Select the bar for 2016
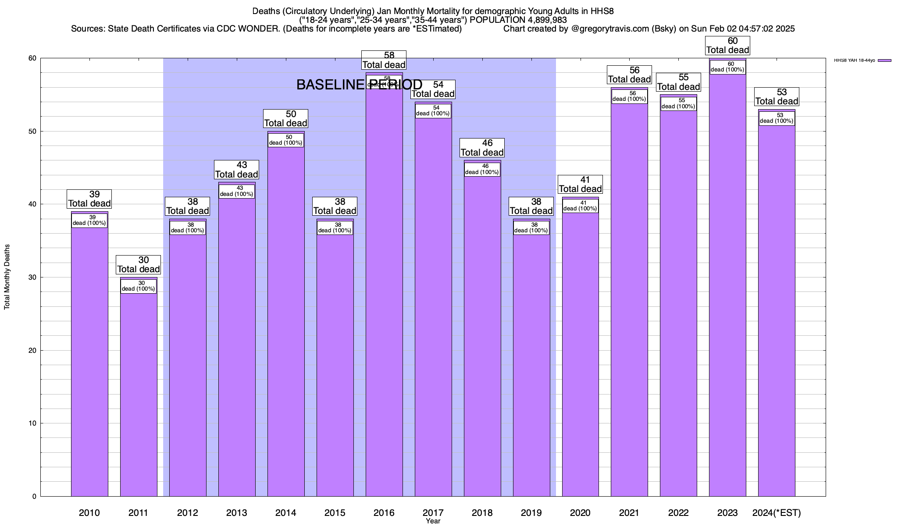(384, 307)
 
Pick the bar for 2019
(531, 368)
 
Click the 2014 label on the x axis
(286, 512)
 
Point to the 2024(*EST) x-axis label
(777, 512)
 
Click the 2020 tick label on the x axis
(580, 512)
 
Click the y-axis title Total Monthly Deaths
(7, 277)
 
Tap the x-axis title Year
(433, 521)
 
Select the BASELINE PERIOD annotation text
(359, 85)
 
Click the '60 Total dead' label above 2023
(727, 46)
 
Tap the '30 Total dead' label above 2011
(139, 265)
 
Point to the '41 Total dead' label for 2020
(580, 185)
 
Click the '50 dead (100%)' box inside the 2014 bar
(286, 140)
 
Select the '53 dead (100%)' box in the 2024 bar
(777, 118)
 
